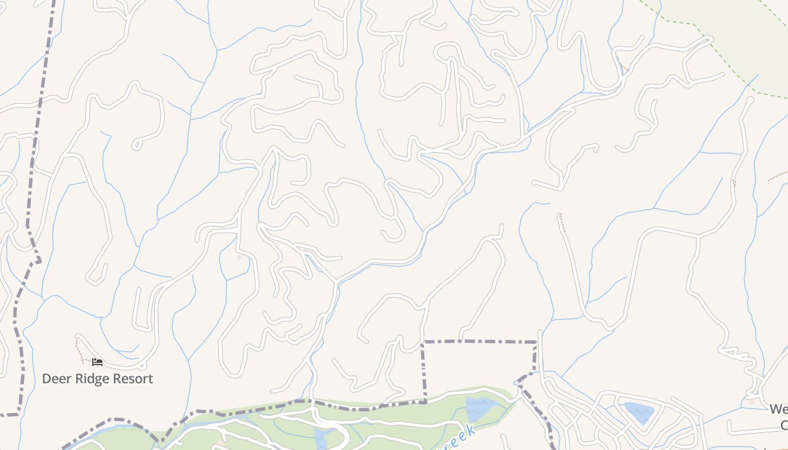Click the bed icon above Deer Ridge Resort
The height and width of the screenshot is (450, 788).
(97, 362)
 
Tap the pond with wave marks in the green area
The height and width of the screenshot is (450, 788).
(478, 409)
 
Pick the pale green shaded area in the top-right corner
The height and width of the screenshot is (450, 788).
(749, 39)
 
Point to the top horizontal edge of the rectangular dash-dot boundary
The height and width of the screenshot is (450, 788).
(478, 341)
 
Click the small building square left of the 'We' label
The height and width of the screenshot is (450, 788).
(751, 402)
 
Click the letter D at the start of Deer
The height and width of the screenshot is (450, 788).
(47, 379)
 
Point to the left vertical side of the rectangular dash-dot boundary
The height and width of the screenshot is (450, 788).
(423, 371)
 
